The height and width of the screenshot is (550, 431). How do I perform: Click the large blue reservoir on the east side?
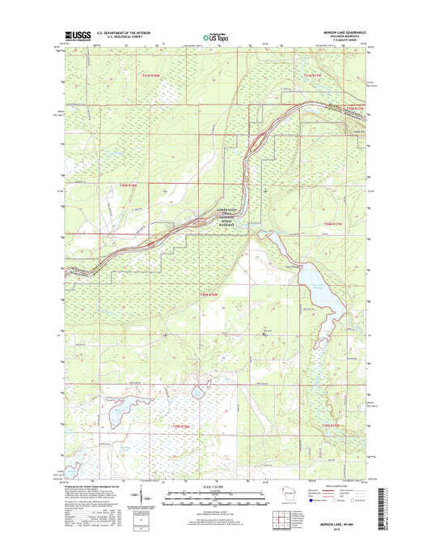click(x=319, y=287)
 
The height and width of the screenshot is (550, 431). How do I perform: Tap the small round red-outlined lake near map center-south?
click(x=198, y=394)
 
